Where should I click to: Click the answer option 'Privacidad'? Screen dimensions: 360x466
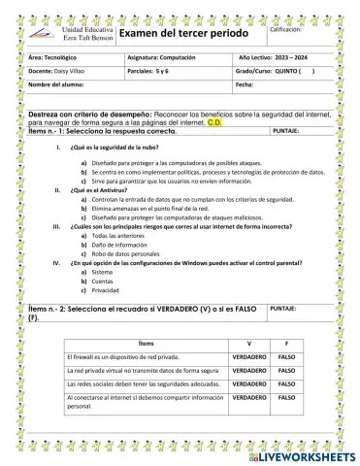click(x=106, y=289)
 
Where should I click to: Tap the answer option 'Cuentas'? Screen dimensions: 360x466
click(x=103, y=281)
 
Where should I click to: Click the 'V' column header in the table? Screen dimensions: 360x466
click(x=250, y=344)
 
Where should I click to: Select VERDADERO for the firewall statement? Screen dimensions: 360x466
click(x=250, y=357)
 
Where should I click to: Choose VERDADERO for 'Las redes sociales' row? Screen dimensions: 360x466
click(x=250, y=384)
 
